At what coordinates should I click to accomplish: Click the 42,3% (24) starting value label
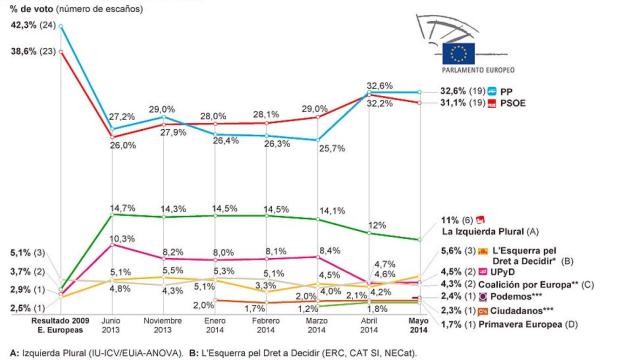30,26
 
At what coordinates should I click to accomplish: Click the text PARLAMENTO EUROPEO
477,71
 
